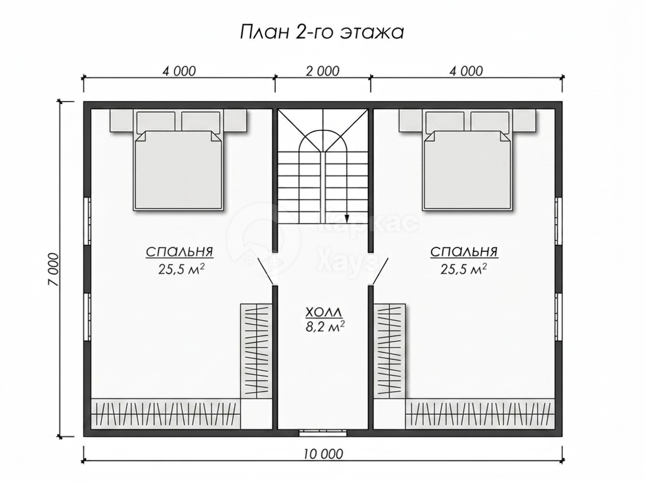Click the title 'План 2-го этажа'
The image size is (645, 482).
322,33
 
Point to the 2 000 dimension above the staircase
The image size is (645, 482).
322,71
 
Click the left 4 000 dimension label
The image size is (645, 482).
178,71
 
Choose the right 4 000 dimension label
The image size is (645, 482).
466,71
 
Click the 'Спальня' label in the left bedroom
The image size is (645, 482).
180,252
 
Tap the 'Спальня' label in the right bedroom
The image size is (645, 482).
464,252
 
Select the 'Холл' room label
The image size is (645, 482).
324,313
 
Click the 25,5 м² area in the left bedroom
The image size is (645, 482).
181,268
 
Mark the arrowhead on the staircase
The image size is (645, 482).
347,218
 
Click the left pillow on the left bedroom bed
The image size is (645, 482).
155,121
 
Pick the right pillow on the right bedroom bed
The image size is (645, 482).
490,121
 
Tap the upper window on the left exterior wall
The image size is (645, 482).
87,221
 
